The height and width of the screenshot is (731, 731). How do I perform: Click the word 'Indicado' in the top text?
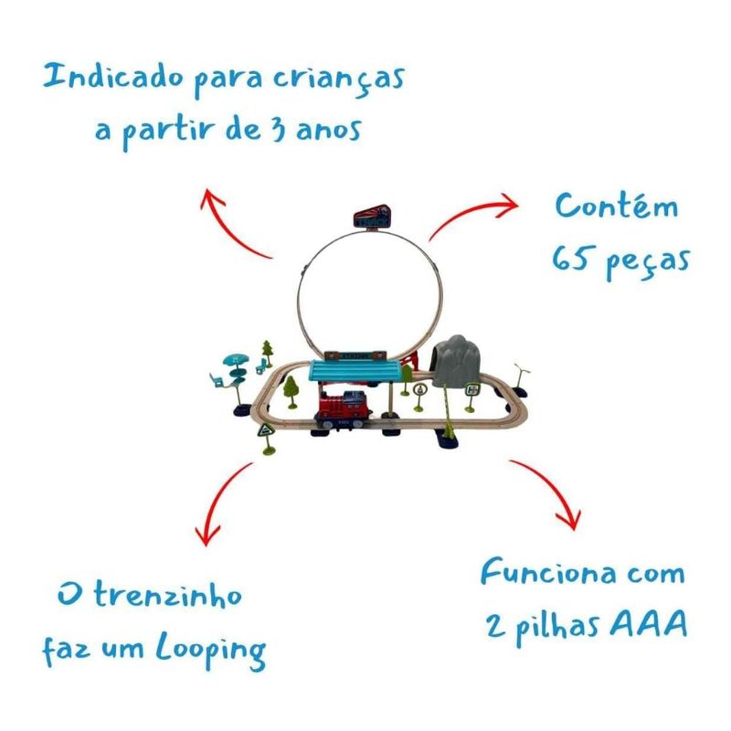[x=112, y=77]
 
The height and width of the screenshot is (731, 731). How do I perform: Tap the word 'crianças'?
[x=338, y=80]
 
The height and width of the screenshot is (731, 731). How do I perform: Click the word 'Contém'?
[x=616, y=206]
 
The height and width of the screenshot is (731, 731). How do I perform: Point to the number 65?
[x=569, y=259]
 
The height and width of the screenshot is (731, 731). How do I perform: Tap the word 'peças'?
[x=648, y=263]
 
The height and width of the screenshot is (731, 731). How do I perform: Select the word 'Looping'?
[x=211, y=651]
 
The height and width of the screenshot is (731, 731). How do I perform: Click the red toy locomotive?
[x=344, y=409]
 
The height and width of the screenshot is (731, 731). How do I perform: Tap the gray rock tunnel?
[x=456, y=360]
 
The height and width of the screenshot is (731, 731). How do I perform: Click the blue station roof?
[x=355, y=370]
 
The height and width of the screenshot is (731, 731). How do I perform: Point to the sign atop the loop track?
[x=372, y=217]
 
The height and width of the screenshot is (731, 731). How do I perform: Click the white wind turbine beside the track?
[x=520, y=376]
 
